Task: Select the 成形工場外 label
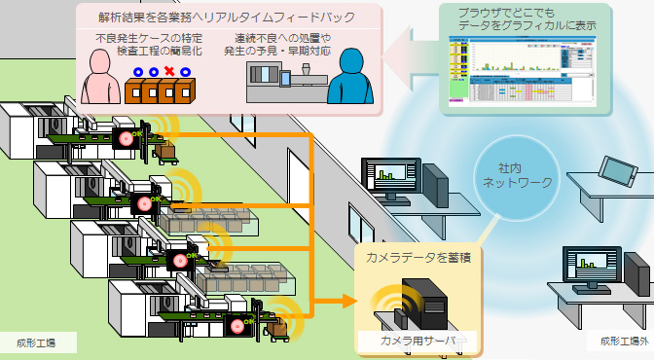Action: [x=618, y=342]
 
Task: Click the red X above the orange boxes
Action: [x=171, y=72]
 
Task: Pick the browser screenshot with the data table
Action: [x=520, y=69]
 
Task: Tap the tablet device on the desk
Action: [x=617, y=171]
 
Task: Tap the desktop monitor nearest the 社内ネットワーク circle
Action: [x=391, y=177]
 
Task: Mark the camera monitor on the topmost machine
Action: [x=126, y=138]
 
